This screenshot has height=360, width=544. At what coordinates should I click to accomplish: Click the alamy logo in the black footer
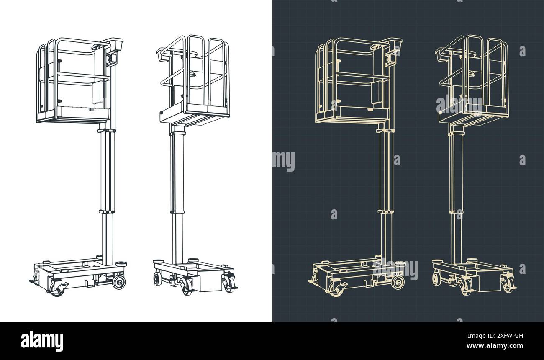(42, 341)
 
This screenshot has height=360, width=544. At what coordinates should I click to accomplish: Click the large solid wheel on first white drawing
(119, 282)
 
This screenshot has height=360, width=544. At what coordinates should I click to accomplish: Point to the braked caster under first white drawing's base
(58, 289)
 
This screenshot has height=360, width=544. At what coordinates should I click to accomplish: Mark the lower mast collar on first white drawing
(107, 211)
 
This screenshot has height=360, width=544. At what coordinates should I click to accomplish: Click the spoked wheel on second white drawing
(157, 278)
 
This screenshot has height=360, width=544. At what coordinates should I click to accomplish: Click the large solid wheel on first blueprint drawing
(398, 282)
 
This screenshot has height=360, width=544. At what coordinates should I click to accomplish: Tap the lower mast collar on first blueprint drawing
(385, 211)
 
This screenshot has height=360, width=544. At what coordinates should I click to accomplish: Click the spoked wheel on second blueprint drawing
(436, 278)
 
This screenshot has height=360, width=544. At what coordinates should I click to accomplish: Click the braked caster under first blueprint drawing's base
(337, 289)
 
